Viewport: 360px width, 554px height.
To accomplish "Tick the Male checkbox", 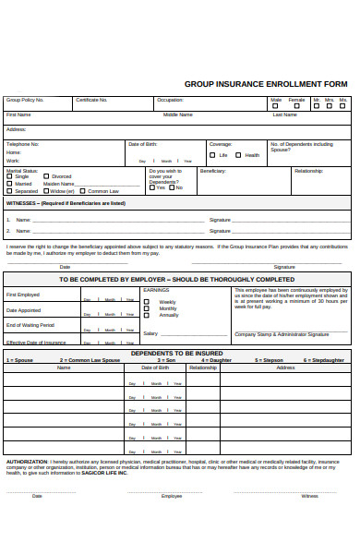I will tap(276, 105).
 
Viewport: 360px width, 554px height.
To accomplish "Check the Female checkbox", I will tap(295, 105).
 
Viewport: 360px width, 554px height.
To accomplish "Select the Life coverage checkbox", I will tap(213, 155).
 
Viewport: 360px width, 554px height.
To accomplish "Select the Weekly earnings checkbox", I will tap(146, 301).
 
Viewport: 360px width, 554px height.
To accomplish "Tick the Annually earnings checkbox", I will tap(146, 316).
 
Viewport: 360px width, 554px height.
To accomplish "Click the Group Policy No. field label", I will tap(25, 100).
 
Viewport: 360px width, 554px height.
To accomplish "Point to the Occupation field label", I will tap(170, 100).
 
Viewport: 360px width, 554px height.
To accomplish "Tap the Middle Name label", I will tap(178, 114).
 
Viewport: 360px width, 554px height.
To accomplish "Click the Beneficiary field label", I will tap(213, 171).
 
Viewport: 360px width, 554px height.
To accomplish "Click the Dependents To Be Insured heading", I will tap(176, 353).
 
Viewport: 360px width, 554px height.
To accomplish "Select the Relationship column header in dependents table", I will tap(203, 367).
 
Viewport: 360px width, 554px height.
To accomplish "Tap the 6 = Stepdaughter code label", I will tap(323, 360).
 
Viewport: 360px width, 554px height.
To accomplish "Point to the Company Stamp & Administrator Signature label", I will tap(282, 334).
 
